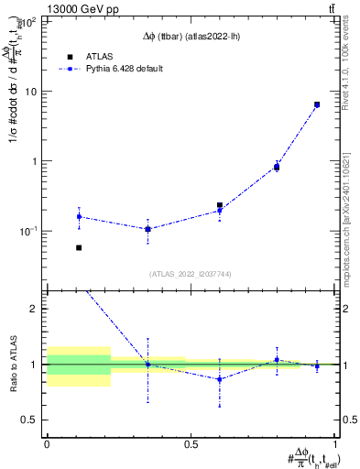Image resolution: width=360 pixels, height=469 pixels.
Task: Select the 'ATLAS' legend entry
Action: (99, 56)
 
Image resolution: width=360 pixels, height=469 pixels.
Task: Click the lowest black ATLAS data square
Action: (79, 247)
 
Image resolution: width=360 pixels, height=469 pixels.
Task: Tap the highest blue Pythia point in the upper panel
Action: (317, 104)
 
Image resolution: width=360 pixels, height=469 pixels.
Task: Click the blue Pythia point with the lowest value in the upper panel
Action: (147, 229)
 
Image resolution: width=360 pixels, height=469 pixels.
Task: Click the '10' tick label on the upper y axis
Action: (32, 92)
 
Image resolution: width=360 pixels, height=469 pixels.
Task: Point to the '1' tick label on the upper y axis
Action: (36, 161)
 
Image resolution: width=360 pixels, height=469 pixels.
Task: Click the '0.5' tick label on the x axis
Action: (191, 445)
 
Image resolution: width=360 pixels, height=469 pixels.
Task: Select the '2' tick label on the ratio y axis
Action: (36, 309)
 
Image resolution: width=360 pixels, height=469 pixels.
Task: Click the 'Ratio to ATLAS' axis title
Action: (13, 364)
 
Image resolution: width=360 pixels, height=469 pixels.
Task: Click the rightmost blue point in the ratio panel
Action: (317, 365)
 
